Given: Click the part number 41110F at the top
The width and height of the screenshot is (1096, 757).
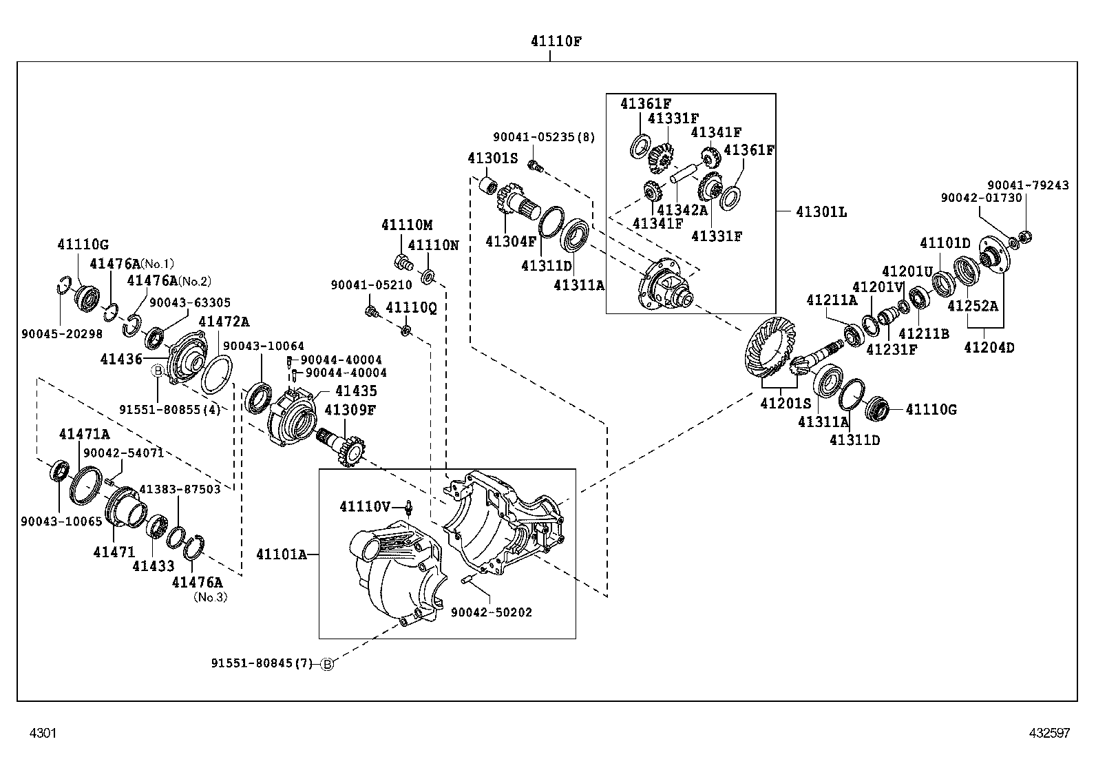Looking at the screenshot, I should [x=556, y=41].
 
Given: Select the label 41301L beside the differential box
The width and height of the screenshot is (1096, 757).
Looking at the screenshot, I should [x=821, y=211].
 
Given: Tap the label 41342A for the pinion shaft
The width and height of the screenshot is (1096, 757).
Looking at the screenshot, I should [x=682, y=209].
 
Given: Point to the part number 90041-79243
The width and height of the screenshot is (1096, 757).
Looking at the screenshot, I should [x=1028, y=185].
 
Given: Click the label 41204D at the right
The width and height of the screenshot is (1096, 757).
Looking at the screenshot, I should [x=989, y=348].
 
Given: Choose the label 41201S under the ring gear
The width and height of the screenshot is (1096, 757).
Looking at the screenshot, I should [x=786, y=403].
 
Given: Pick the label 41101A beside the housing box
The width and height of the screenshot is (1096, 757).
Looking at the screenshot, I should [x=281, y=554].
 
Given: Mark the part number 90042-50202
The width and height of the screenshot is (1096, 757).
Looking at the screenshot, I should [x=492, y=612].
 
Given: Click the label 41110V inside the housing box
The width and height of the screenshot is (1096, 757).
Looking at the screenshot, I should [x=365, y=507].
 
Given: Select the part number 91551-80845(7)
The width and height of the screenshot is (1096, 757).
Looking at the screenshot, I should [x=262, y=664].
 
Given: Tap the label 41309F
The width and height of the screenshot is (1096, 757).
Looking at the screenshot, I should [x=350, y=411].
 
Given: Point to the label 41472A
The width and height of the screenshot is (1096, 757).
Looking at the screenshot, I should [x=224, y=322].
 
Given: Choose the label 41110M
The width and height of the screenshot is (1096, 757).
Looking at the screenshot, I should [x=407, y=225].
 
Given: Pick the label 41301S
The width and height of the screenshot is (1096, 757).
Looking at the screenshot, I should [x=492, y=158].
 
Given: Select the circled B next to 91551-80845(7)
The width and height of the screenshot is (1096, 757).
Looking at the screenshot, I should [x=328, y=664].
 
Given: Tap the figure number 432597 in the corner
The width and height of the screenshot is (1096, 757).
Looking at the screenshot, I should [x=1050, y=733].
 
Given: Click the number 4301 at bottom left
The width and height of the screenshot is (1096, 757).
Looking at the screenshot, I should [x=43, y=733].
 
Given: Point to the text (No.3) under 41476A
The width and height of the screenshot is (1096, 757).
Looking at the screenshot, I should [x=210, y=597].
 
